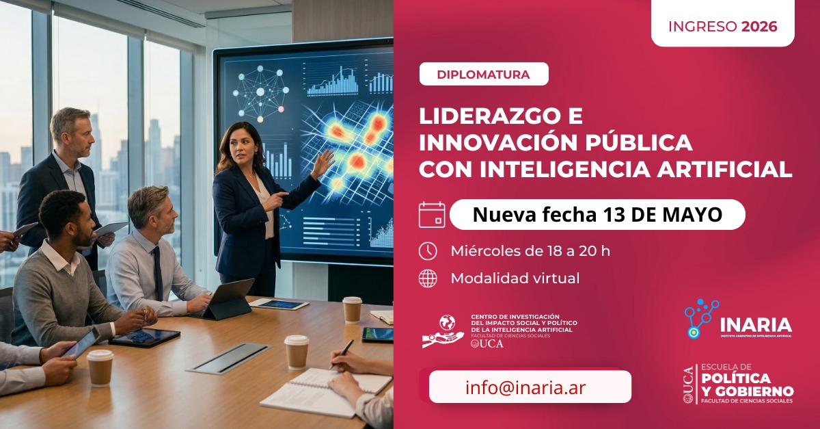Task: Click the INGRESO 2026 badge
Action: click(723, 23)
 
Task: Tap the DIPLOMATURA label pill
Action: click(484, 74)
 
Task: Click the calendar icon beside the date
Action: click(432, 215)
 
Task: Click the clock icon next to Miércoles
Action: click(428, 251)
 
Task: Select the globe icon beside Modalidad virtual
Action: click(428, 278)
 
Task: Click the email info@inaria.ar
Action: click(525, 387)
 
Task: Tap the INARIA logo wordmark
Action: click(756, 325)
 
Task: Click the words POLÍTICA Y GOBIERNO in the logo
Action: click(747, 385)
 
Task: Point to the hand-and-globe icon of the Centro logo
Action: click(443, 331)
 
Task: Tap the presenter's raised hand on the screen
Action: click(324, 162)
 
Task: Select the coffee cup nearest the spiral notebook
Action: click(297, 352)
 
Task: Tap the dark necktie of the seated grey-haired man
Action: click(158, 272)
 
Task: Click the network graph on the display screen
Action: click(260, 94)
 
